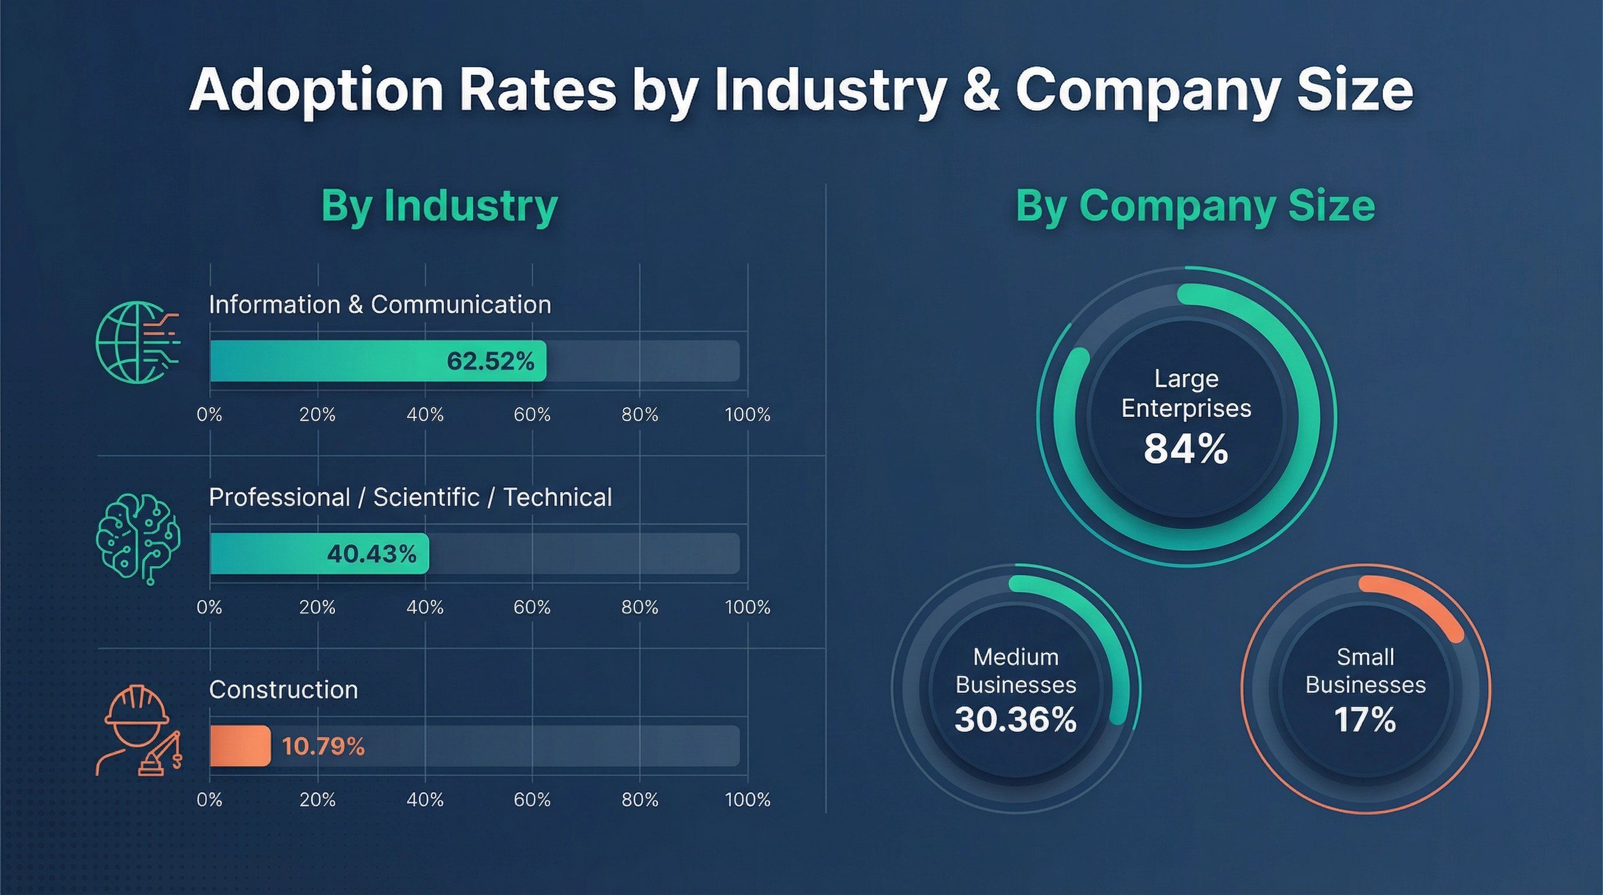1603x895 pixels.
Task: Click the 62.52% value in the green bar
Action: (490, 362)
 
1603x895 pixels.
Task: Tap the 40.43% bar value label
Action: (372, 554)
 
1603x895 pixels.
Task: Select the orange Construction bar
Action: (240, 746)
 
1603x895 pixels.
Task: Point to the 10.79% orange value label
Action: (323, 746)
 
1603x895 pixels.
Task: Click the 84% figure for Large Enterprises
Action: (1185, 449)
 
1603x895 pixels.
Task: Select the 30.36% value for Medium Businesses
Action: (1016, 720)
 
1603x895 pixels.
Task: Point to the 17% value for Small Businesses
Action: (1365, 720)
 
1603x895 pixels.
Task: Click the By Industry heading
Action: (439, 205)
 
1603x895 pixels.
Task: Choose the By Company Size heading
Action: (1195, 205)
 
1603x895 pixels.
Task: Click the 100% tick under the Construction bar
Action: (747, 800)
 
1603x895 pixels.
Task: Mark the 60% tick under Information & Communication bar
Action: (532, 414)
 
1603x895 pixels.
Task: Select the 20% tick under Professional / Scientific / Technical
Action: (317, 607)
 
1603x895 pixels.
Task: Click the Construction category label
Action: (283, 690)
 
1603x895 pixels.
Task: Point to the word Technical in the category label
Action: (557, 497)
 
